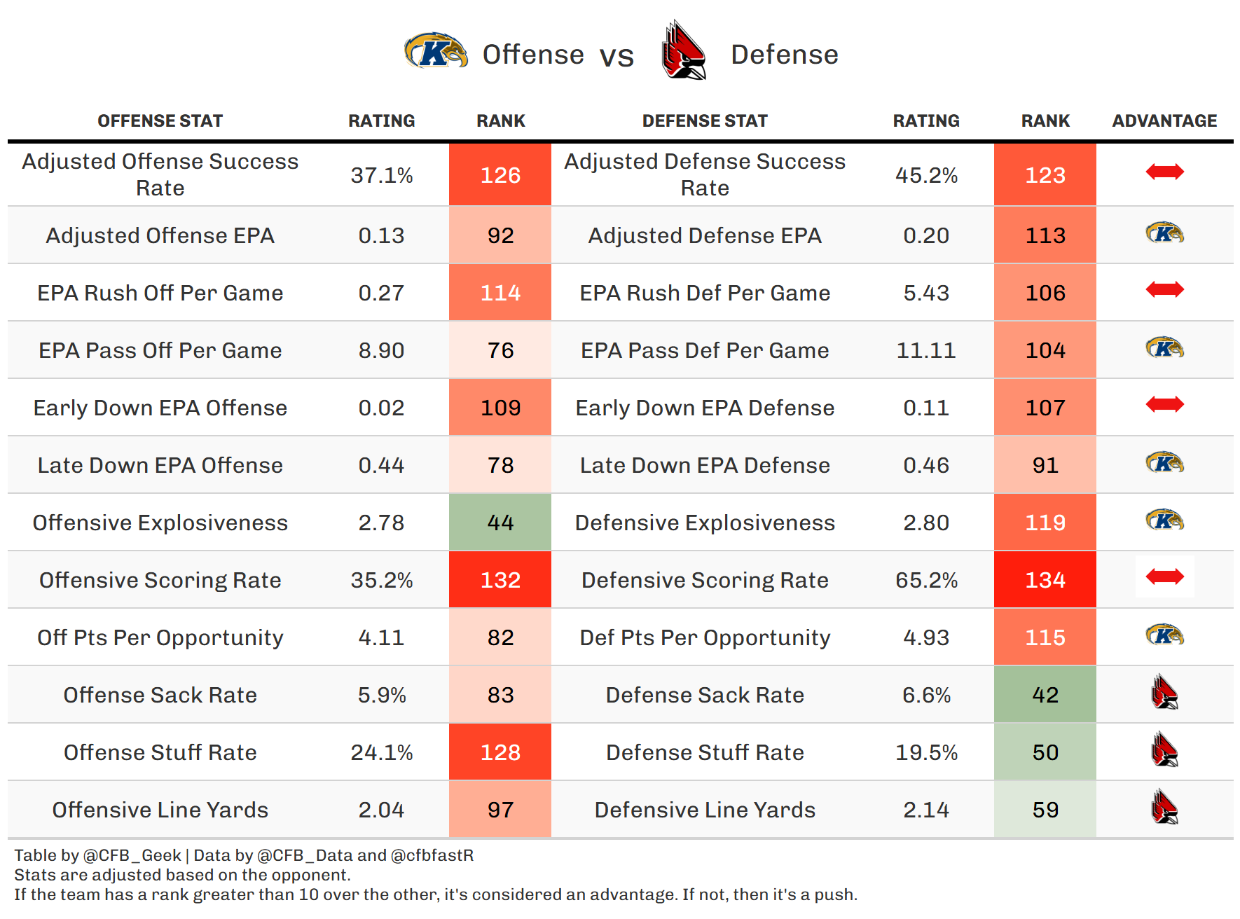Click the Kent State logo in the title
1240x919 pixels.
click(435, 51)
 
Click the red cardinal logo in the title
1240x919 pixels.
click(683, 51)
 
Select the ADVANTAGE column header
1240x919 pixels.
click(1164, 121)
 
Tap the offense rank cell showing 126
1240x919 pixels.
click(500, 174)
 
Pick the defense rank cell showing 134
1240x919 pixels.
click(1045, 580)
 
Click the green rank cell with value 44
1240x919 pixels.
click(500, 523)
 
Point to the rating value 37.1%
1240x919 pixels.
click(381, 174)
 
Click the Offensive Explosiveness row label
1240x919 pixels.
click(160, 523)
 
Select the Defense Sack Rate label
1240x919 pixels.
click(704, 695)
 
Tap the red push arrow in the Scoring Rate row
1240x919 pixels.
click(1164, 576)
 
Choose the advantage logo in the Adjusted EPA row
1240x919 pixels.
click(1164, 233)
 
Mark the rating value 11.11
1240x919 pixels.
click(925, 350)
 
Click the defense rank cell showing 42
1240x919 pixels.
click(1045, 695)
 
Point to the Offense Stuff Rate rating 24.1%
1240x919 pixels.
click(381, 752)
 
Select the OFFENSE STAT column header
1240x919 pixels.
click(160, 121)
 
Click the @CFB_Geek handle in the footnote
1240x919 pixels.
click(132, 855)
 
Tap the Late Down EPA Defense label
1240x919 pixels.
click(704, 465)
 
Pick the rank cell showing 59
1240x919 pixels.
click(1045, 810)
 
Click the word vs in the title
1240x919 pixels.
click(616, 56)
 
